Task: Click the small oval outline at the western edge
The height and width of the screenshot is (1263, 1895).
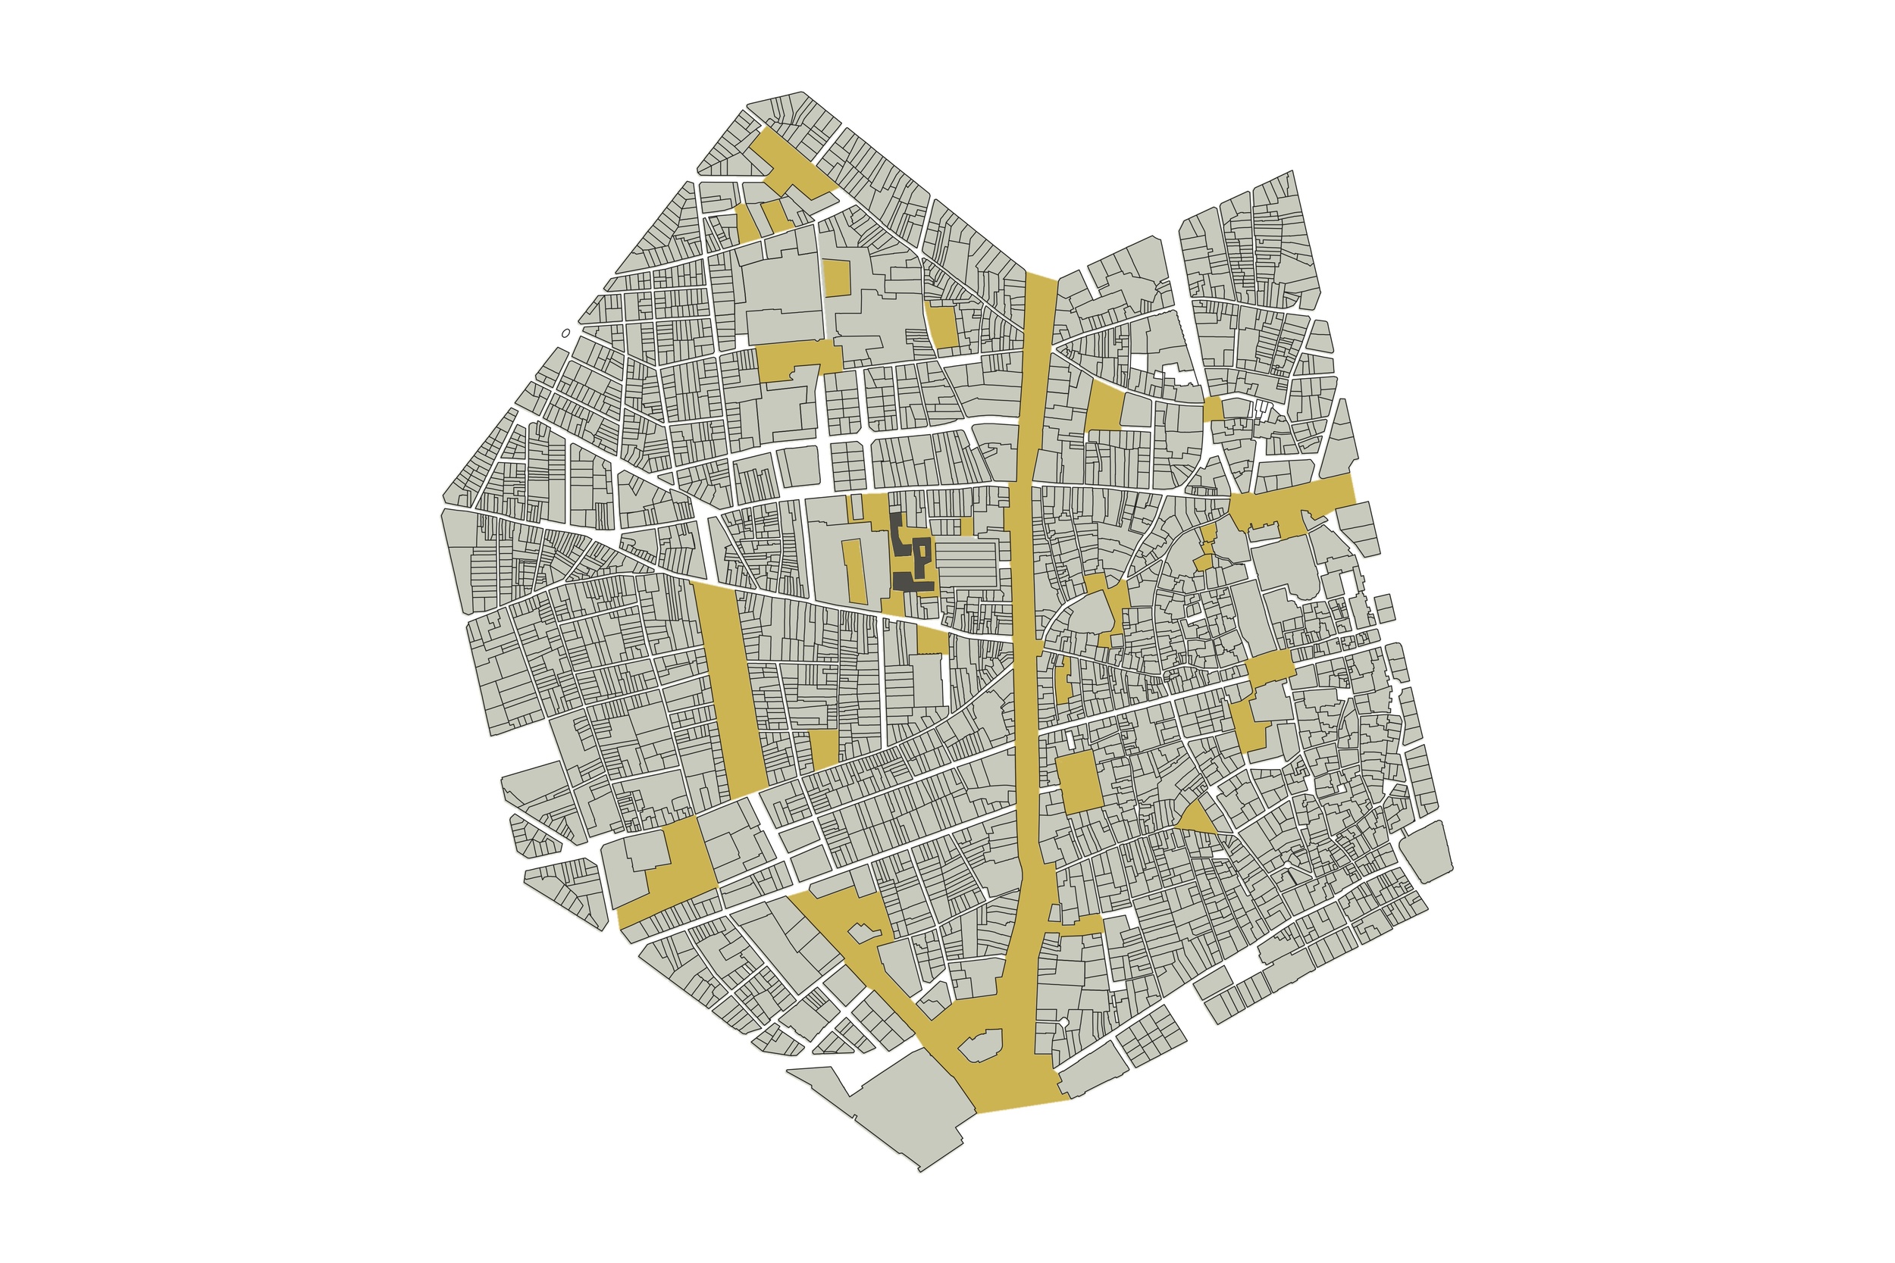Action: point(565,332)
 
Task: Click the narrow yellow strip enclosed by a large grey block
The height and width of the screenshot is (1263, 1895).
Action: point(854,571)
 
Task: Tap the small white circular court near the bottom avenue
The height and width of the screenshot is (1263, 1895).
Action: point(1063,1022)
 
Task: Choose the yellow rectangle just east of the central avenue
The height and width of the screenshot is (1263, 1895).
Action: point(1079,781)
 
